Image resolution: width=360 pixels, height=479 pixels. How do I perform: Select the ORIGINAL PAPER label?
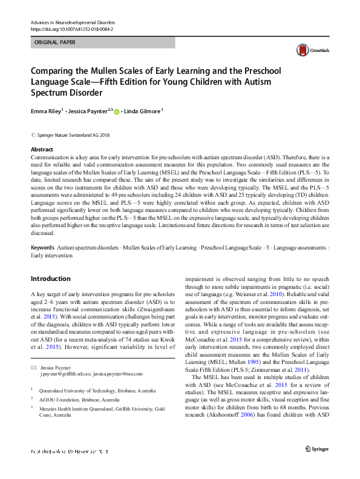(55, 43)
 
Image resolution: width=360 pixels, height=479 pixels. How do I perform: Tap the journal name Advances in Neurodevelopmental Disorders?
(73, 21)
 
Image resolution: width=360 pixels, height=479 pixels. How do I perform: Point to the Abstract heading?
(42, 149)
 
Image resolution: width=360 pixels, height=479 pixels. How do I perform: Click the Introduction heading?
(50, 279)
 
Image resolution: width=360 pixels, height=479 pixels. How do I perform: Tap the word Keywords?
(42, 248)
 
